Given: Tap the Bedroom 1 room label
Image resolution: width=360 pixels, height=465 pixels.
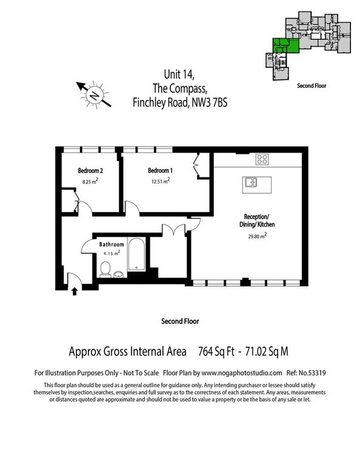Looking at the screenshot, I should pos(160,170).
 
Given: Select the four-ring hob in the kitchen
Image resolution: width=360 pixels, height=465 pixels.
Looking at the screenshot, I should pos(262,160).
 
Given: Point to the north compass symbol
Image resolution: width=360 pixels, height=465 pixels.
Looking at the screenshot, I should pos(94,94).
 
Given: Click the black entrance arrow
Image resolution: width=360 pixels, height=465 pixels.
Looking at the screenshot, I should pos(75,291).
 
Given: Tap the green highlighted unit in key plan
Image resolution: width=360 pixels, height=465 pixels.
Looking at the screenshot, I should pos(281,46).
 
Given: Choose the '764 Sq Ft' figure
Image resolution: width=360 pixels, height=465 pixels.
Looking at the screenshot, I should pos(217,351).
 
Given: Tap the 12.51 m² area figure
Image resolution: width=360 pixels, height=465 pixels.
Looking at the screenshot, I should pos(160,180).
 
